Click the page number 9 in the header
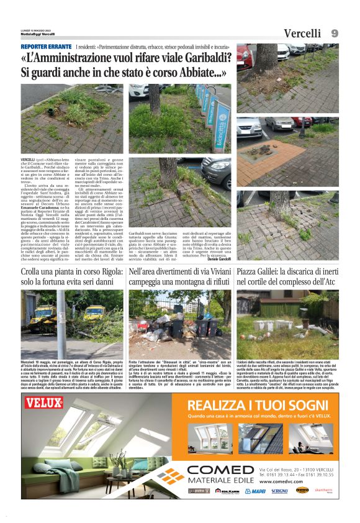point(334,33)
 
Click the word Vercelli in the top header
point(302,34)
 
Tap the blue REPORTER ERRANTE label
point(46,47)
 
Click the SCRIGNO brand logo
point(279,491)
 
